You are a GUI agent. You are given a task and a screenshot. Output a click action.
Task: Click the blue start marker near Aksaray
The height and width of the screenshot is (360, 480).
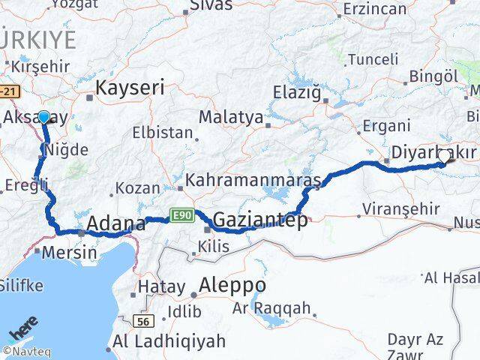click(43, 117)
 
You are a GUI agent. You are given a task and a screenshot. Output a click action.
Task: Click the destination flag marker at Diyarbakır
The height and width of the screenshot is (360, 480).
click(447, 156)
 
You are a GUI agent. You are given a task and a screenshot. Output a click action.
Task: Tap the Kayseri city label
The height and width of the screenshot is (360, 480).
click(130, 88)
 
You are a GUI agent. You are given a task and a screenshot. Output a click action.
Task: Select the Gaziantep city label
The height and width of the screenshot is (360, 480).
click(259, 220)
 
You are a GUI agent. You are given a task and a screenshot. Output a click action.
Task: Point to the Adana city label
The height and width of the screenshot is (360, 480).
click(116, 223)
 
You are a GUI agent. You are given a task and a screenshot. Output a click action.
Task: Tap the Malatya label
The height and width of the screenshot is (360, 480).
click(231, 118)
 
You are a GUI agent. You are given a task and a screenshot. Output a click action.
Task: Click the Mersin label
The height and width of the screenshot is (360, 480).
click(70, 253)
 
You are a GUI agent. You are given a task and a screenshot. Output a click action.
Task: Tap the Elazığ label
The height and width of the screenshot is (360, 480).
click(301, 94)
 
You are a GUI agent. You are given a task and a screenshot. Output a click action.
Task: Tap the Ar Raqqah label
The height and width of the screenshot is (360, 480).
click(271, 307)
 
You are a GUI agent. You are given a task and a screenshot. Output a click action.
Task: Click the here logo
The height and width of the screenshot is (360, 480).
click(23, 331)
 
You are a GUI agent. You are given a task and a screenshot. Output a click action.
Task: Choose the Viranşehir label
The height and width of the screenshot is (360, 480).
click(400, 208)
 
